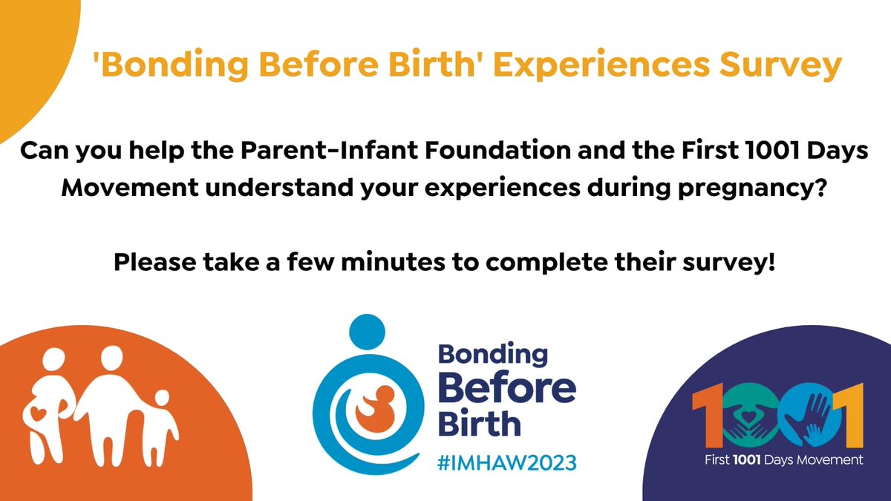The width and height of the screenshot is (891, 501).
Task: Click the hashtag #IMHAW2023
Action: [x=506, y=462]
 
